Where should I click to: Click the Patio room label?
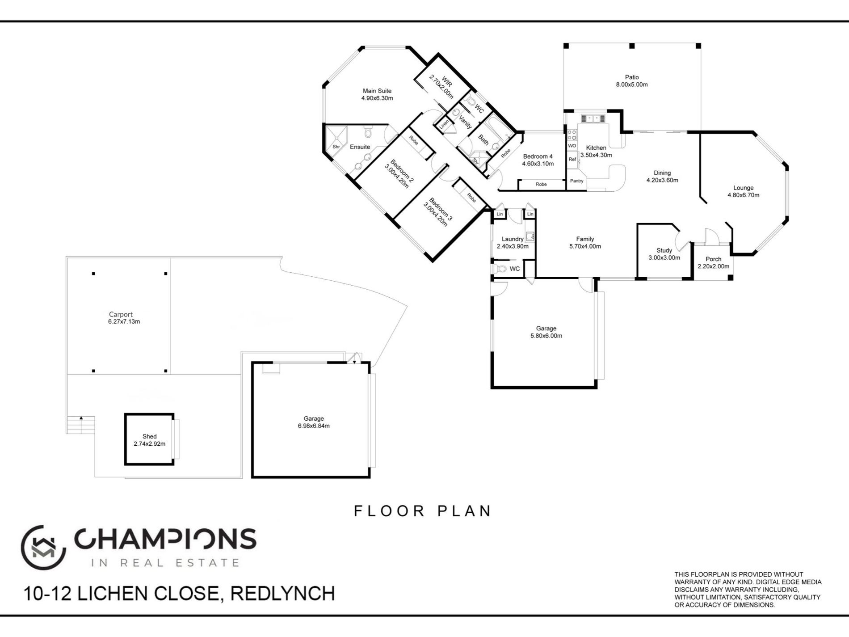632,77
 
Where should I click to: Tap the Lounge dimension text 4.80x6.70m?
744,195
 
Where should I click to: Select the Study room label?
664,250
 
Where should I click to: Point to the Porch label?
714,259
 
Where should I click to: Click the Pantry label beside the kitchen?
577,181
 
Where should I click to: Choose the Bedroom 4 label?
538,156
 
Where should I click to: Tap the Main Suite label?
377,91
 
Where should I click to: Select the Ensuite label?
360,147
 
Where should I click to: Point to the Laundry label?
513,239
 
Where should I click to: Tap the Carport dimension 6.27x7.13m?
124,321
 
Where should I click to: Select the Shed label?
150,436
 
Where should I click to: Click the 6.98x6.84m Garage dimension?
314,426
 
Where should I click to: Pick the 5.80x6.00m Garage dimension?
546,336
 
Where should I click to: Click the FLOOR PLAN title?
423,511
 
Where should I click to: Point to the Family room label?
585,239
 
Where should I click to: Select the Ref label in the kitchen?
572,160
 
